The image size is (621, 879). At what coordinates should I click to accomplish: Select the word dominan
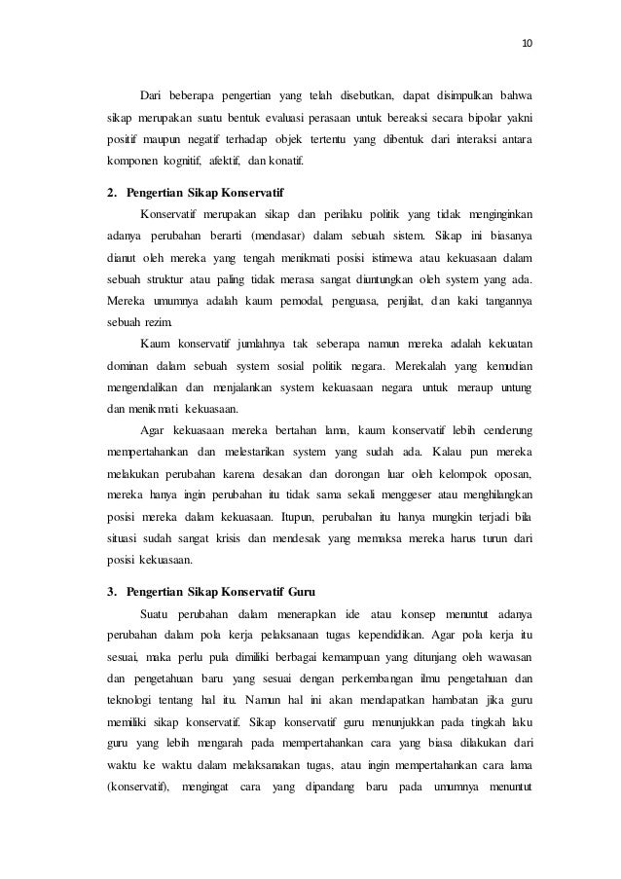coord(127,366)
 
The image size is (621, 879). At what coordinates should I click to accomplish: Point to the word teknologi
coord(133,702)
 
